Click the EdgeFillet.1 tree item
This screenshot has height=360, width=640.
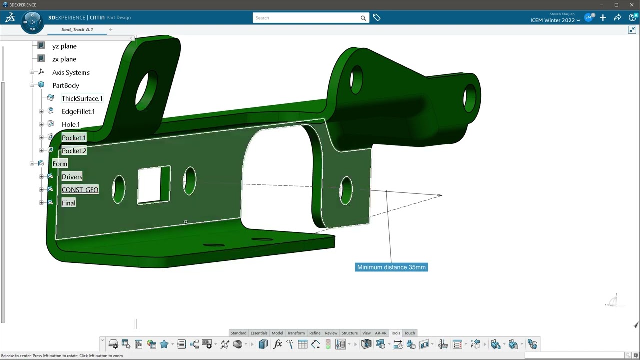pyautogui.click(x=78, y=111)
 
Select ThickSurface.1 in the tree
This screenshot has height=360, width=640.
pyautogui.click(x=82, y=98)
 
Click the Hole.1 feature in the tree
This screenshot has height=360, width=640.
pyautogui.click(x=70, y=124)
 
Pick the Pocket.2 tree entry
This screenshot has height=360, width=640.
pyautogui.click(x=74, y=151)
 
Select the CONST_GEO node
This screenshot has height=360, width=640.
pyautogui.click(x=80, y=190)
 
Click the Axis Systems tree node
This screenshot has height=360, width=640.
pyautogui.click(x=70, y=72)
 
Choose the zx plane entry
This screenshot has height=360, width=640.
pyautogui.click(x=64, y=59)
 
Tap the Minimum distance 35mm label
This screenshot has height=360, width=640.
pyautogui.click(x=391, y=267)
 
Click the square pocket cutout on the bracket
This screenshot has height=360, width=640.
pyautogui.click(x=153, y=185)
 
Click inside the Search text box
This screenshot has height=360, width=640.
pyautogui.click(x=306, y=18)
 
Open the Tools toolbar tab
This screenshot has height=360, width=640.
pyautogui.click(x=395, y=333)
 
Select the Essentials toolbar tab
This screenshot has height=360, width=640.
pyautogui.click(x=259, y=333)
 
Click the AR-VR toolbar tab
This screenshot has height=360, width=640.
pyautogui.click(x=380, y=333)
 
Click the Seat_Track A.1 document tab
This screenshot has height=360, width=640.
pyautogui.click(x=77, y=29)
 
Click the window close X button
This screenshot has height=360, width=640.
pyautogui.click(x=632, y=5)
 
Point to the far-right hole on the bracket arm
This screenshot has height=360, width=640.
pyautogui.click(x=470, y=98)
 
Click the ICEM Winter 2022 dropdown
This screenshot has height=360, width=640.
pyautogui.click(x=555, y=20)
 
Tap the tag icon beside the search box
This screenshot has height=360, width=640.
pyautogui.click(x=376, y=18)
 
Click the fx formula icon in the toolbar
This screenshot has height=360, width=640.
pyautogui.click(x=277, y=344)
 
